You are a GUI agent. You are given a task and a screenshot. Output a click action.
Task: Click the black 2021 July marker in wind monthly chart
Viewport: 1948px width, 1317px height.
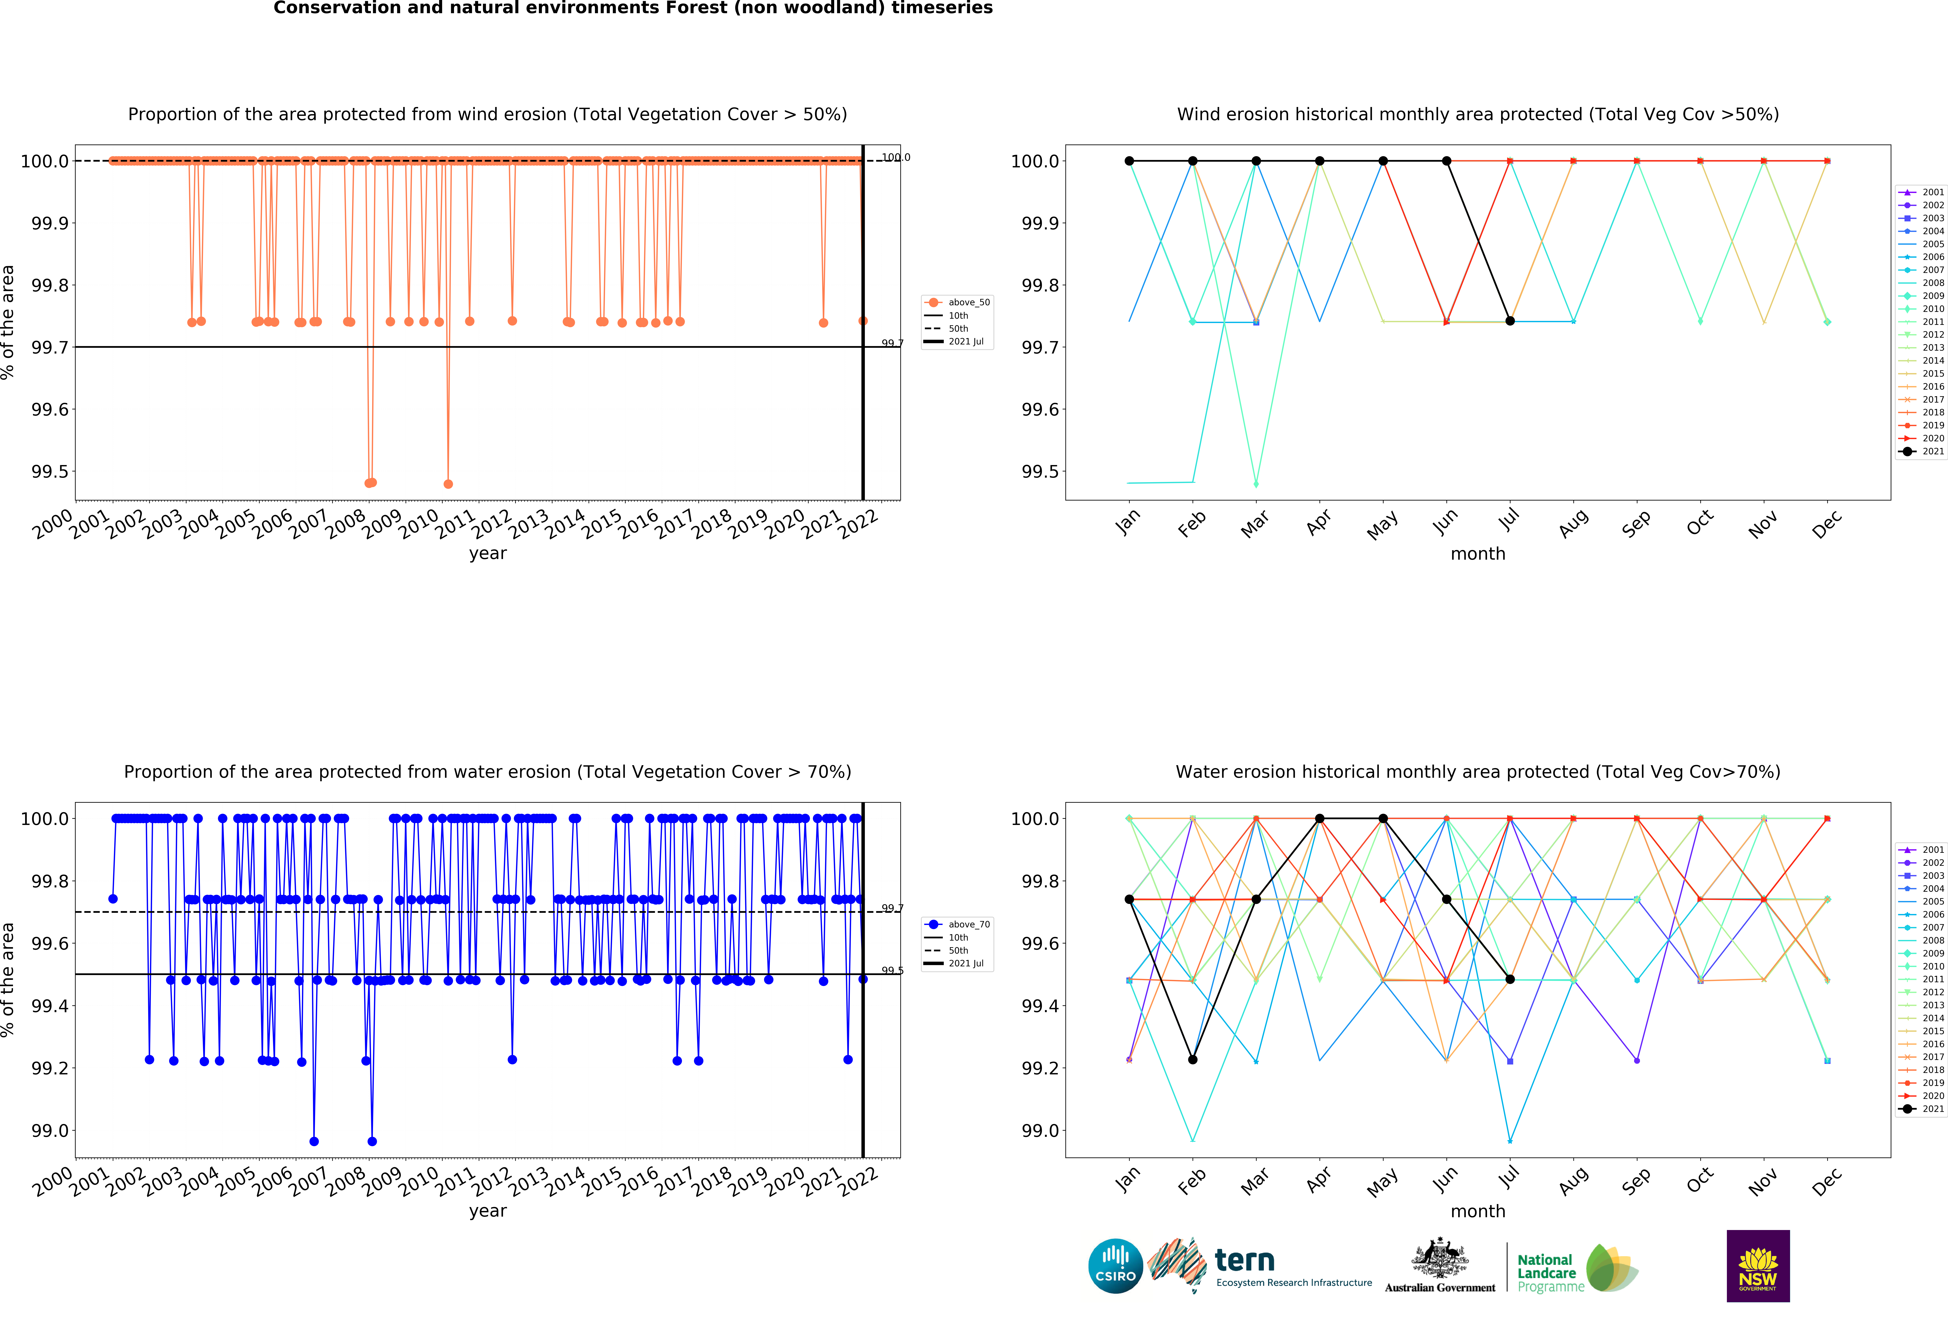(x=1510, y=321)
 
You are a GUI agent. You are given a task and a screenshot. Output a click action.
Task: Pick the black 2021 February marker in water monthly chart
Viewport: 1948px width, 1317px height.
(x=1193, y=1060)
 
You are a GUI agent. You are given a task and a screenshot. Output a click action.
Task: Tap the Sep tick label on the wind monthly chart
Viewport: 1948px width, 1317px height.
(x=1635, y=524)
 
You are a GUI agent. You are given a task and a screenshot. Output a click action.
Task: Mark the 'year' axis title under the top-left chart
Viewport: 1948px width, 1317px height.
(x=488, y=553)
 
